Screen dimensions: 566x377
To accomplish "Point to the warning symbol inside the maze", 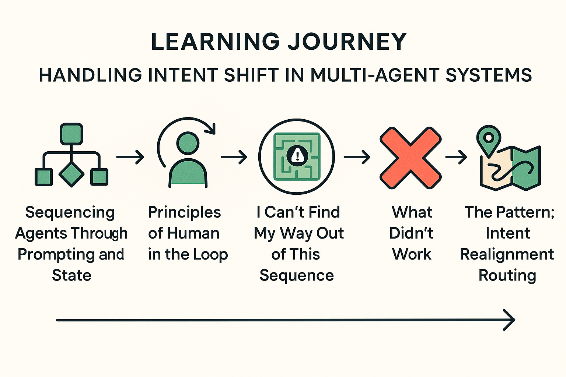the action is click(x=297, y=155).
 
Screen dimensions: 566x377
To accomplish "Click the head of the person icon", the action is click(x=188, y=143).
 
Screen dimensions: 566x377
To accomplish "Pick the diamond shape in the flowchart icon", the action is click(x=71, y=174).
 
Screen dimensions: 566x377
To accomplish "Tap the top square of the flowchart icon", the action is click(x=71, y=134).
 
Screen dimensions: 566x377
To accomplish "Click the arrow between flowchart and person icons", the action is click(x=130, y=157).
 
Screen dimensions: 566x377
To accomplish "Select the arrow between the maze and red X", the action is click(x=357, y=157).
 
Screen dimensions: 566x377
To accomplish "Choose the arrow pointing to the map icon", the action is click(x=456, y=157).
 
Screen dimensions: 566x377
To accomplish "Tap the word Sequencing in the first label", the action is click(x=70, y=212).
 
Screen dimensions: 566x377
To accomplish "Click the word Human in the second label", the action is click(x=193, y=233).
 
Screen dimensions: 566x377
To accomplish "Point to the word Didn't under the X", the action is click(x=411, y=233).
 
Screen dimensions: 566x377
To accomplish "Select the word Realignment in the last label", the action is click(x=507, y=254).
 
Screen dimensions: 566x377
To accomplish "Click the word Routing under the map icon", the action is click(x=507, y=275).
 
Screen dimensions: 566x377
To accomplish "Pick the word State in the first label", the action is click(x=71, y=275).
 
